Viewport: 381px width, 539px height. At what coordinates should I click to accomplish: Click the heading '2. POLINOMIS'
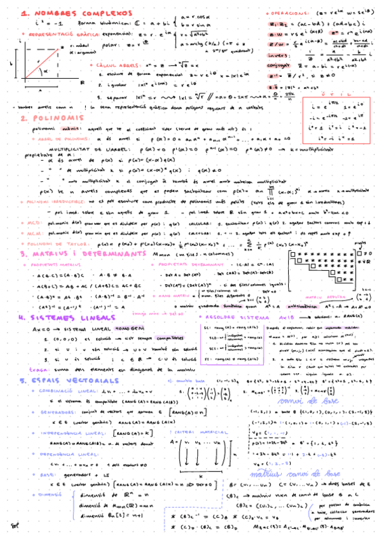tap(45, 118)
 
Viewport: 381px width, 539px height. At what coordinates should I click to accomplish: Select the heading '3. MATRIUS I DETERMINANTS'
tap(83, 254)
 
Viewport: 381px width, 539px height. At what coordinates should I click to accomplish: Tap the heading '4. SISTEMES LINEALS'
tap(57, 318)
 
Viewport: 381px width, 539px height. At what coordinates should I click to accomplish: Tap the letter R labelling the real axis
tap(82, 83)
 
